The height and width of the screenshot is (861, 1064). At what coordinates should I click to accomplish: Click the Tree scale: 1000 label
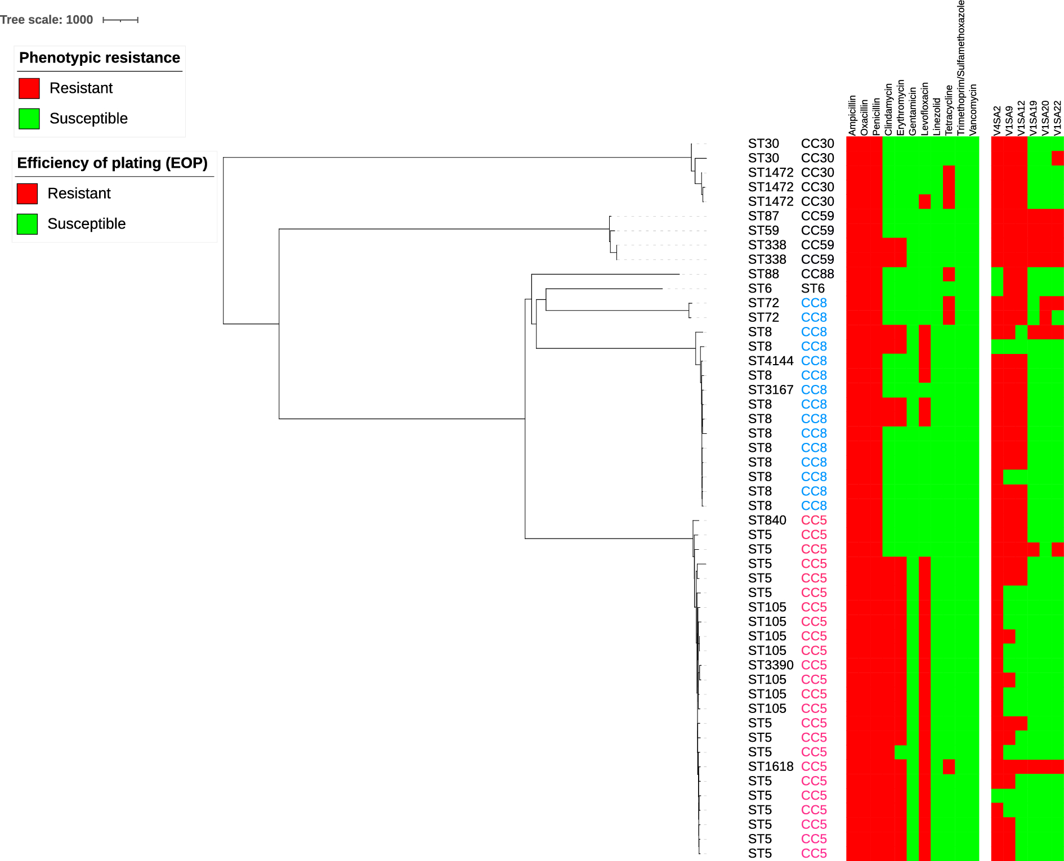pos(47,20)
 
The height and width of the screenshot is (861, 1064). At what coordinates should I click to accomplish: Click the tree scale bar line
pos(120,20)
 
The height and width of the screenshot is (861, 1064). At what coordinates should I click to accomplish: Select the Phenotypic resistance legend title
pos(100,58)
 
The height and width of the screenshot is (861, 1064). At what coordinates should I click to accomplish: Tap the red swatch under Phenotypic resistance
pos(29,88)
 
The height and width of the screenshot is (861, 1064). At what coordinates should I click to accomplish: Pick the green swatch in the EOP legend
pos(27,224)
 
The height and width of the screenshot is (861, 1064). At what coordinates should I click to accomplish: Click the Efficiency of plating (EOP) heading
pos(113,163)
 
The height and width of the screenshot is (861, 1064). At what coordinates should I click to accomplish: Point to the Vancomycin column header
pos(973,110)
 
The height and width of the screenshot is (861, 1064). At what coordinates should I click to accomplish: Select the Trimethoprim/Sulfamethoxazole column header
pos(961,68)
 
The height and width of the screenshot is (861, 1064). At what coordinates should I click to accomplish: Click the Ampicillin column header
pos(852,115)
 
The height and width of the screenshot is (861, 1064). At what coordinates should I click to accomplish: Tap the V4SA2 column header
pos(997,120)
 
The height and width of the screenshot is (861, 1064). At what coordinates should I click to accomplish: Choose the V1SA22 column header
pos(1057,118)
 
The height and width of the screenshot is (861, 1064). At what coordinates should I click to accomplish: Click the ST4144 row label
pos(771,361)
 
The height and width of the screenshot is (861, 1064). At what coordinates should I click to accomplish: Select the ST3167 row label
pos(771,390)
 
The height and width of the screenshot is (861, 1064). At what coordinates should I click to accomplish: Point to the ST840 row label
pos(767,520)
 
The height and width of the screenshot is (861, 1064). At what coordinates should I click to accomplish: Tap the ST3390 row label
pos(771,665)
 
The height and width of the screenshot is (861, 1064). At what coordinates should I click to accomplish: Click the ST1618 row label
pos(771,766)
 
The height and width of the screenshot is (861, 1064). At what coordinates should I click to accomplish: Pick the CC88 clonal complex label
pos(817,274)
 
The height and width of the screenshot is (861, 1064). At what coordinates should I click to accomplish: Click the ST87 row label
pos(763,216)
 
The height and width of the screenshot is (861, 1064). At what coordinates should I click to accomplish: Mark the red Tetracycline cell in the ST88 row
pos(949,274)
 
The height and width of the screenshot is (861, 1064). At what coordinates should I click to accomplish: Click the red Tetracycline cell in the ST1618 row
pos(949,766)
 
